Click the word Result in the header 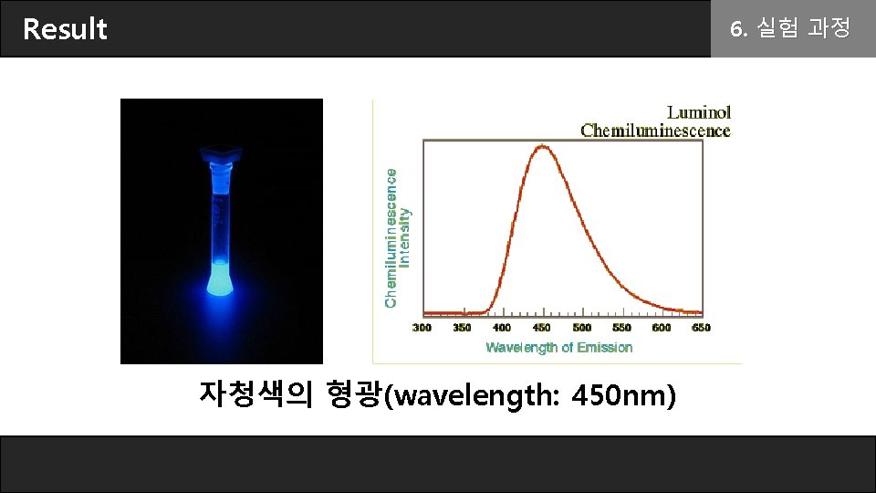[65, 29]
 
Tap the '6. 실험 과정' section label [790, 29]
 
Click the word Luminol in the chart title [699, 112]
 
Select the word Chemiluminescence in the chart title [655, 131]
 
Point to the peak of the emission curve [543, 146]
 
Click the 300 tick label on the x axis [422, 327]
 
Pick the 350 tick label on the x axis [462, 327]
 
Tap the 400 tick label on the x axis [502, 327]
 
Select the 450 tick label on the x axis [542, 327]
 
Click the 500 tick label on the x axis [581, 327]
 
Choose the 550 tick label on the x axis [621, 327]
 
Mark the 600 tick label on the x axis [662, 327]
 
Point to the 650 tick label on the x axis [701, 327]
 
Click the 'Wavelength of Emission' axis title [558, 347]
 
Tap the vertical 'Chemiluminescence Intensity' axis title [397, 237]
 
